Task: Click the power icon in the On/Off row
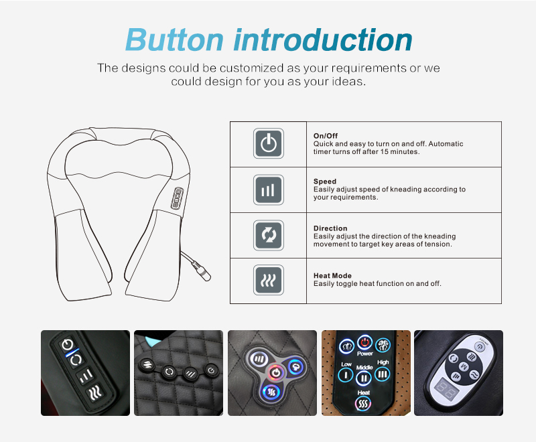pos(268,144)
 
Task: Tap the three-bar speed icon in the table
pos(268,190)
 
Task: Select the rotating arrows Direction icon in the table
pos(268,236)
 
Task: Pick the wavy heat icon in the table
pos(268,281)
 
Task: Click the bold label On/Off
pos(326,136)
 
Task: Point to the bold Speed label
pos(325,181)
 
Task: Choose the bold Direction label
pos(331,228)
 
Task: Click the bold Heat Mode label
pos(332,275)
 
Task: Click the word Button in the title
pos(174,40)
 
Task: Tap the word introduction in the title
pos(322,40)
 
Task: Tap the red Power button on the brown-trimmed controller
pos(364,343)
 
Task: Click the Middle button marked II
pos(364,378)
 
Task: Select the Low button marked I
pos(346,374)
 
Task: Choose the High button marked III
pos(383,373)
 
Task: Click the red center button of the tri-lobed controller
pos(274,371)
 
